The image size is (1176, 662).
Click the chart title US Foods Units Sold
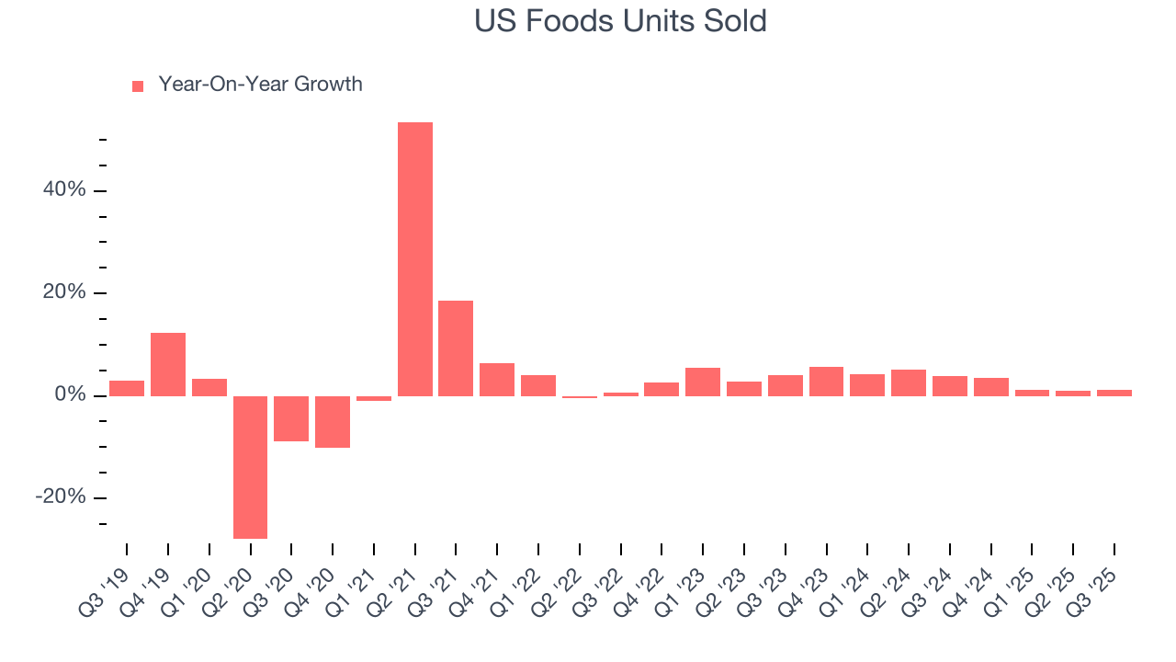(620, 20)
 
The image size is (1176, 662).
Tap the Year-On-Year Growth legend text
(260, 85)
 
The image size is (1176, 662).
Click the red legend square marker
(138, 86)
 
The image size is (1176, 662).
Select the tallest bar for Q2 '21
(415, 259)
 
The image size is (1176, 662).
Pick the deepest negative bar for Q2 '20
(250, 467)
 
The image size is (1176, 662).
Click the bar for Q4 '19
(168, 364)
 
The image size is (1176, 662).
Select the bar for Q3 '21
(456, 348)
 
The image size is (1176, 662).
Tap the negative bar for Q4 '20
(333, 422)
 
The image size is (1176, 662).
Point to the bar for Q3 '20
(291, 418)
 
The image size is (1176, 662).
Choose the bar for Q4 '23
(826, 382)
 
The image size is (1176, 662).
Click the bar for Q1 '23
(703, 382)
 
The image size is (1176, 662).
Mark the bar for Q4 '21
(497, 380)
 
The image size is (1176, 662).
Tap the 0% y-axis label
(71, 395)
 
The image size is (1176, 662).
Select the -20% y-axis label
(62, 497)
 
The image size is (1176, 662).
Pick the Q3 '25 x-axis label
(1098, 579)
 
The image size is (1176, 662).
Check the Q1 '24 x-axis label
(851, 579)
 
